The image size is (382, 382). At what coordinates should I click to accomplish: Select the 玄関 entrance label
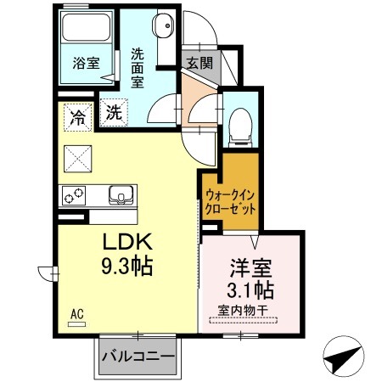200,62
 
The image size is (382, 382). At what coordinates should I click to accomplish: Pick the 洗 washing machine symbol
113,110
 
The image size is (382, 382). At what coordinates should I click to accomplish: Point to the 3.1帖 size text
251,289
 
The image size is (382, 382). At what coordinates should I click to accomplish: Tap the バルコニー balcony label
138,355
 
